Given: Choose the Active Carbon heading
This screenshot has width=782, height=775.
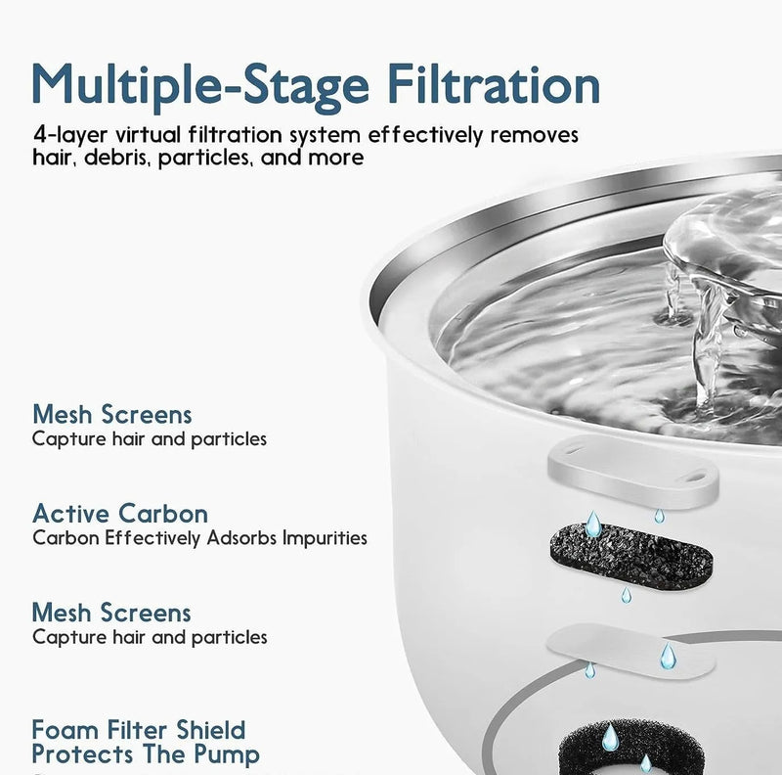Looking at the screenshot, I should point(119,513).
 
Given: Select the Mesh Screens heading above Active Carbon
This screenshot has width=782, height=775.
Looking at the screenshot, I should point(111,414).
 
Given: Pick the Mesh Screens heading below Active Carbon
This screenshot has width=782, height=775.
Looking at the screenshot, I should point(111,613).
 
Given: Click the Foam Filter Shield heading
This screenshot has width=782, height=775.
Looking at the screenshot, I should point(138,730).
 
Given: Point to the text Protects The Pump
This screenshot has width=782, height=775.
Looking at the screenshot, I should point(146,754).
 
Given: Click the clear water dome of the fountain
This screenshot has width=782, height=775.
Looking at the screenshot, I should point(723,235).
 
